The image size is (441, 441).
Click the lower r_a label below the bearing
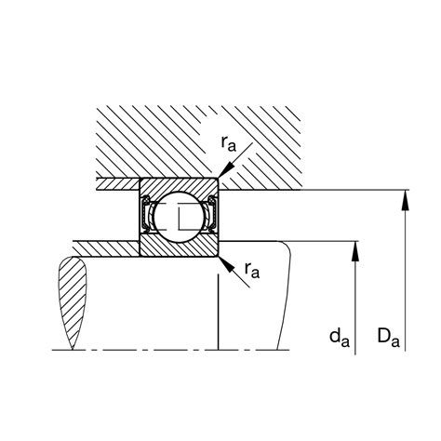[251, 271]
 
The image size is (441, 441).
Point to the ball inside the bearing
[179, 216]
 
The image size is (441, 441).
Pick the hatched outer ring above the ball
[179, 184]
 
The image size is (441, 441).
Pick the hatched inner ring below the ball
[179, 248]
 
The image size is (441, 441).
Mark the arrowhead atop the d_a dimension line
[354, 247]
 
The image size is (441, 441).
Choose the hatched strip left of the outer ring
[116, 183]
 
